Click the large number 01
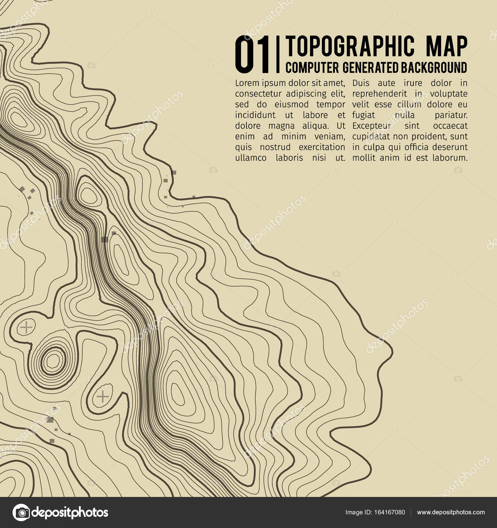252,54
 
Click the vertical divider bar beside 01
277,54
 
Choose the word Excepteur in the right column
372,126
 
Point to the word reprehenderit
380,94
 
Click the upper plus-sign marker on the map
26,327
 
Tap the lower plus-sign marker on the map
103,397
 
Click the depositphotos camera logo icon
21,512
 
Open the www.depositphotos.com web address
451,512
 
